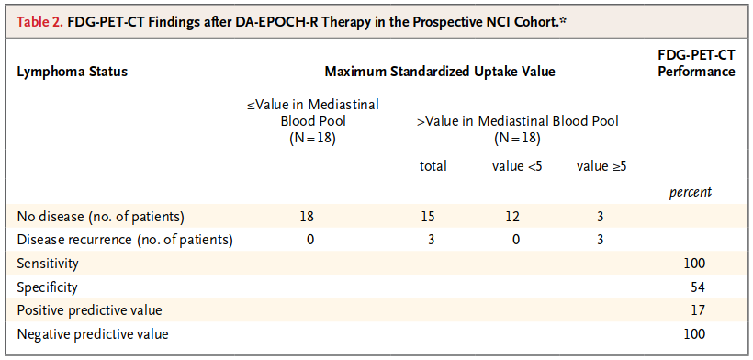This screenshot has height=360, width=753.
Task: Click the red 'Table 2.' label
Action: click(39, 22)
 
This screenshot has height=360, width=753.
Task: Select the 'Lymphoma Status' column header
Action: click(72, 72)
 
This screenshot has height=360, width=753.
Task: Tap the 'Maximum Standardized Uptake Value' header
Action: click(440, 72)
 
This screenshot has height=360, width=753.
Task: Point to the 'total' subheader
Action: click(433, 166)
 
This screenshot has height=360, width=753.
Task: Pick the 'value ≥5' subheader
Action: click(602, 166)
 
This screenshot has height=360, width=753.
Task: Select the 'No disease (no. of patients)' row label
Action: click(101, 217)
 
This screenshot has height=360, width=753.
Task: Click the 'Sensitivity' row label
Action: click(48, 264)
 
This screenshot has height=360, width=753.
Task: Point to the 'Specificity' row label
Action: click(47, 287)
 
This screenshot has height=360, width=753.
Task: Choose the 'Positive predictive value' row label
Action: click(89, 310)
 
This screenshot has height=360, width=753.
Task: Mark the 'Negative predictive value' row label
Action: click(93, 334)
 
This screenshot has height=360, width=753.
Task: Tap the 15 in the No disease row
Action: click(427, 217)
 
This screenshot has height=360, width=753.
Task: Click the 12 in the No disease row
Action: click(511, 217)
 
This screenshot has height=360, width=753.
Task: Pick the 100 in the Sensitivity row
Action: click(694, 264)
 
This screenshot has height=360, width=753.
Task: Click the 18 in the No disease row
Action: click(307, 217)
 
